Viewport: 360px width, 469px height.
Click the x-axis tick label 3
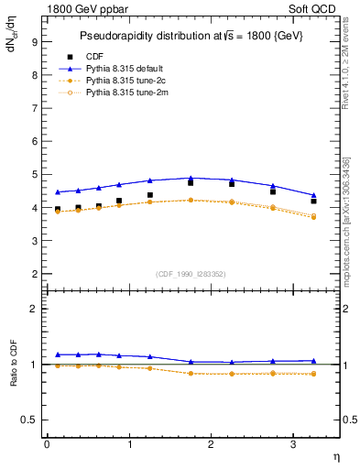pyautogui.click(x=293, y=444)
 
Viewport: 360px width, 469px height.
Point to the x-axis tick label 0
pyautogui.click(x=47, y=444)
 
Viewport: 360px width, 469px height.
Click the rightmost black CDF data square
pyautogui.click(x=314, y=201)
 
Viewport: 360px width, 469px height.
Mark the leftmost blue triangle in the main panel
pyautogui.click(x=58, y=192)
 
